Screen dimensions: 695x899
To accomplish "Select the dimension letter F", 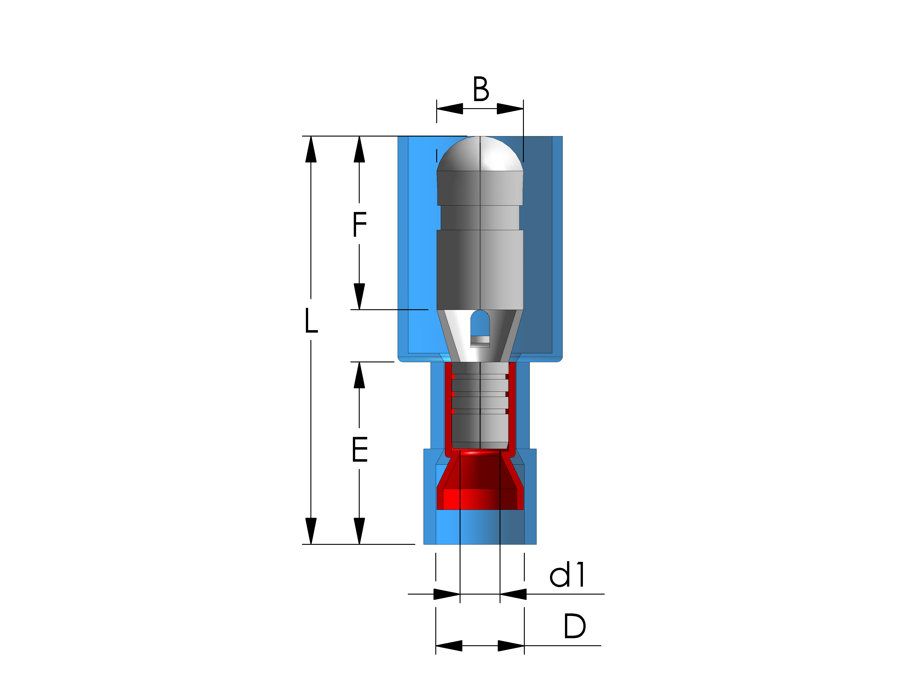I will click(x=359, y=224).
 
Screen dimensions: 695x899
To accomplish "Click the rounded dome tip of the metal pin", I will click(x=480, y=154).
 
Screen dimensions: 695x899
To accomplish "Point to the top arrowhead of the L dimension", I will click(x=311, y=149).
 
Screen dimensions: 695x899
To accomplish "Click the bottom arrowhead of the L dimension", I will click(x=311, y=531).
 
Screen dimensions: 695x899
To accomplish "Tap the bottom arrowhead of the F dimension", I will click(x=359, y=296).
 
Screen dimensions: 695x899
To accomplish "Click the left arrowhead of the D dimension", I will click(x=449, y=646).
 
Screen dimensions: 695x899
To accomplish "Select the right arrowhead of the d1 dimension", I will click(x=513, y=594).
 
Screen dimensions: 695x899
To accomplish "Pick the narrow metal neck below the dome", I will click(x=480, y=217).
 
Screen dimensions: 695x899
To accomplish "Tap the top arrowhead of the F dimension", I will click(x=359, y=149).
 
